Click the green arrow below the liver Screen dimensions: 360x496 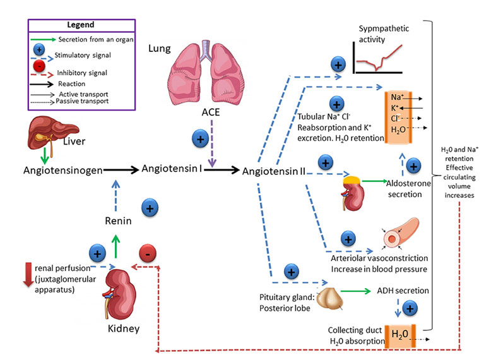[44, 155]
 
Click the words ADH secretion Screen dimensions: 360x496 [403, 291]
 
